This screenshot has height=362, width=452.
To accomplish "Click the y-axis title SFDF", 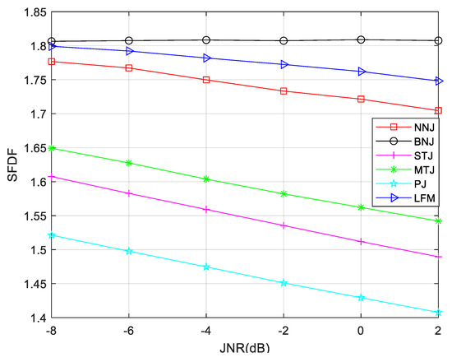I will [10, 165].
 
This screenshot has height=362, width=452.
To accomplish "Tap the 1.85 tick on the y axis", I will [34, 12].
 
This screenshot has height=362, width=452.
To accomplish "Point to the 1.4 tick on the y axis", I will [37, 318].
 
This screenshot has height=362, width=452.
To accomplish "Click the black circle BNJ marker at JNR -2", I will [284, 40].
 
